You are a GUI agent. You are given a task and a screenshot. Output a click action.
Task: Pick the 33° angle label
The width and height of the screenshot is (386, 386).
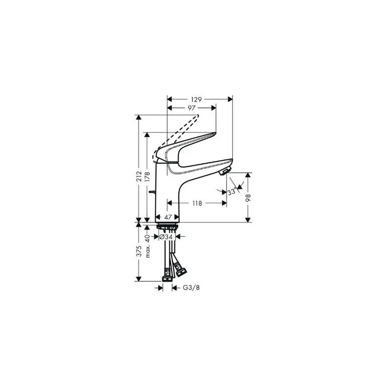pos(233,192)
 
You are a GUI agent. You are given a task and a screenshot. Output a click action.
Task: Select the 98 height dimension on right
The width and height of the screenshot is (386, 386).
pos(249,198)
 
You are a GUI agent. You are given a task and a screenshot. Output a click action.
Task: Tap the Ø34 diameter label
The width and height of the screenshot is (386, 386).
pos(167,236)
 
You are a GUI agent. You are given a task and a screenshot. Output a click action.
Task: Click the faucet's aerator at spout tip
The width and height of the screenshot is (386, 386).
pos(224,172)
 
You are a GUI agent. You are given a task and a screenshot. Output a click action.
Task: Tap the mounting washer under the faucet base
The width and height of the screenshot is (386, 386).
pos(167,225)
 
